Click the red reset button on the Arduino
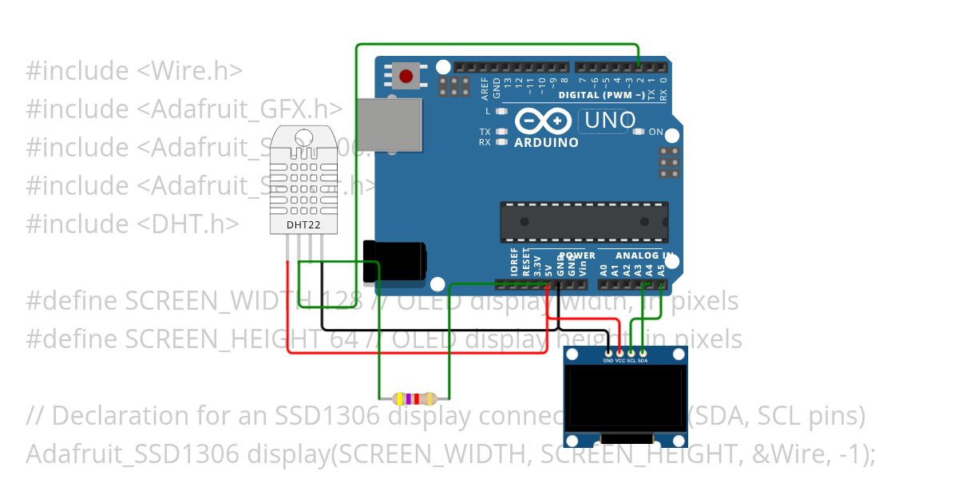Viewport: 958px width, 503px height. pos(406,77)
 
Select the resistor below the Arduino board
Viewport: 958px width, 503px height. pos(414,398)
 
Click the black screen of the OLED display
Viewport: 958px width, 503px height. pos(626,396)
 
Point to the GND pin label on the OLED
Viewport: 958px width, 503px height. pos(609,361)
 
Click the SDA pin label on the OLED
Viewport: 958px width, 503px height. pos(643,361)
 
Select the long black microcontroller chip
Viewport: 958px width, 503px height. pos(584,221)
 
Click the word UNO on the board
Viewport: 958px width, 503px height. pos(610,121)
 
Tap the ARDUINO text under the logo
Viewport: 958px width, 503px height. pos(546,143)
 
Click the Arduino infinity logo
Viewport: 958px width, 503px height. pos(542,121)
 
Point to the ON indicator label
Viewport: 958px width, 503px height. pos(655,132)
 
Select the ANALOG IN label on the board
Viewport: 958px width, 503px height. pos(643,255)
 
